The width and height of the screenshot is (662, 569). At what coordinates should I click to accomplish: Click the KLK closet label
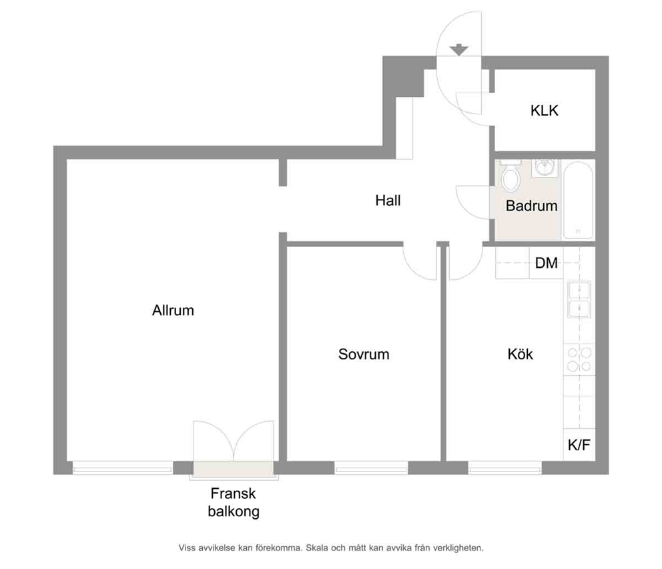544,110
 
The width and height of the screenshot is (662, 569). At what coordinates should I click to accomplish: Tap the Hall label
388,200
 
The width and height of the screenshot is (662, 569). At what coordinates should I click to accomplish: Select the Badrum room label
532,206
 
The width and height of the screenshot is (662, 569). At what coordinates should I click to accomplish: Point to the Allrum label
173,311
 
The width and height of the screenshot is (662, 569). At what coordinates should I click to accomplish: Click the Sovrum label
364,354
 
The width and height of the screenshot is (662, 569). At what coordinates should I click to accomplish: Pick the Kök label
520,353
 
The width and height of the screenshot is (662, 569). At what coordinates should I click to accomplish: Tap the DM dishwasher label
547,263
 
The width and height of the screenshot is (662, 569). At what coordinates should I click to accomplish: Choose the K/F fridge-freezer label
579,445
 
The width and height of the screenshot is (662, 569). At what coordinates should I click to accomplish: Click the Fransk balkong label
234,502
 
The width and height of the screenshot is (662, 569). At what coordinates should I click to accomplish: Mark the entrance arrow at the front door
459,49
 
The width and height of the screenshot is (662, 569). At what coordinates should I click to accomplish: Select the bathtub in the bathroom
578,200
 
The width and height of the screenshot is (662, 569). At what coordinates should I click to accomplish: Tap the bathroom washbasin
545,168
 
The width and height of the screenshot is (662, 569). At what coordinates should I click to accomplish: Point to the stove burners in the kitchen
579,359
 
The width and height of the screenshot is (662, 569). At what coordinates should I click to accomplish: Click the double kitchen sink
579,299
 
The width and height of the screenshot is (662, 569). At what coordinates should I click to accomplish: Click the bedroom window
371,467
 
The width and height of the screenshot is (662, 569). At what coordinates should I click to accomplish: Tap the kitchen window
505,467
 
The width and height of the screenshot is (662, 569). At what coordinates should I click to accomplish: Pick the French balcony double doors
234,441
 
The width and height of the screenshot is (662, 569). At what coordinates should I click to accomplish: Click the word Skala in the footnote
316,548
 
